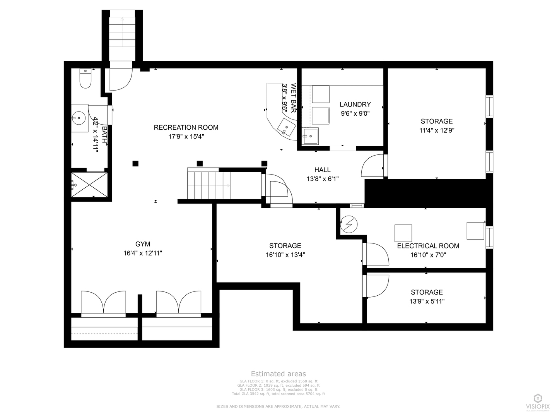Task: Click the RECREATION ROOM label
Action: point(186,127)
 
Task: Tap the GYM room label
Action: point(143,244)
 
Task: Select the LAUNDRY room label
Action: point(355,104)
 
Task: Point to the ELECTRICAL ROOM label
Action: point(428,246)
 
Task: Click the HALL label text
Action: point(322,170)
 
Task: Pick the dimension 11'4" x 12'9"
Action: point(437,130)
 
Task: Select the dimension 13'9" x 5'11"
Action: point(427,302)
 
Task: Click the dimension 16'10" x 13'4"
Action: point(285,255)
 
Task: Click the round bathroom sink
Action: point(79,118)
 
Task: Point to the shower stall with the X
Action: point(90,185)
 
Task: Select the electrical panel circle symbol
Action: point(349,224)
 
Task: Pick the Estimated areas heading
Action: point(278,374)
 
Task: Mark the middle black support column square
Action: point(200,163)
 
